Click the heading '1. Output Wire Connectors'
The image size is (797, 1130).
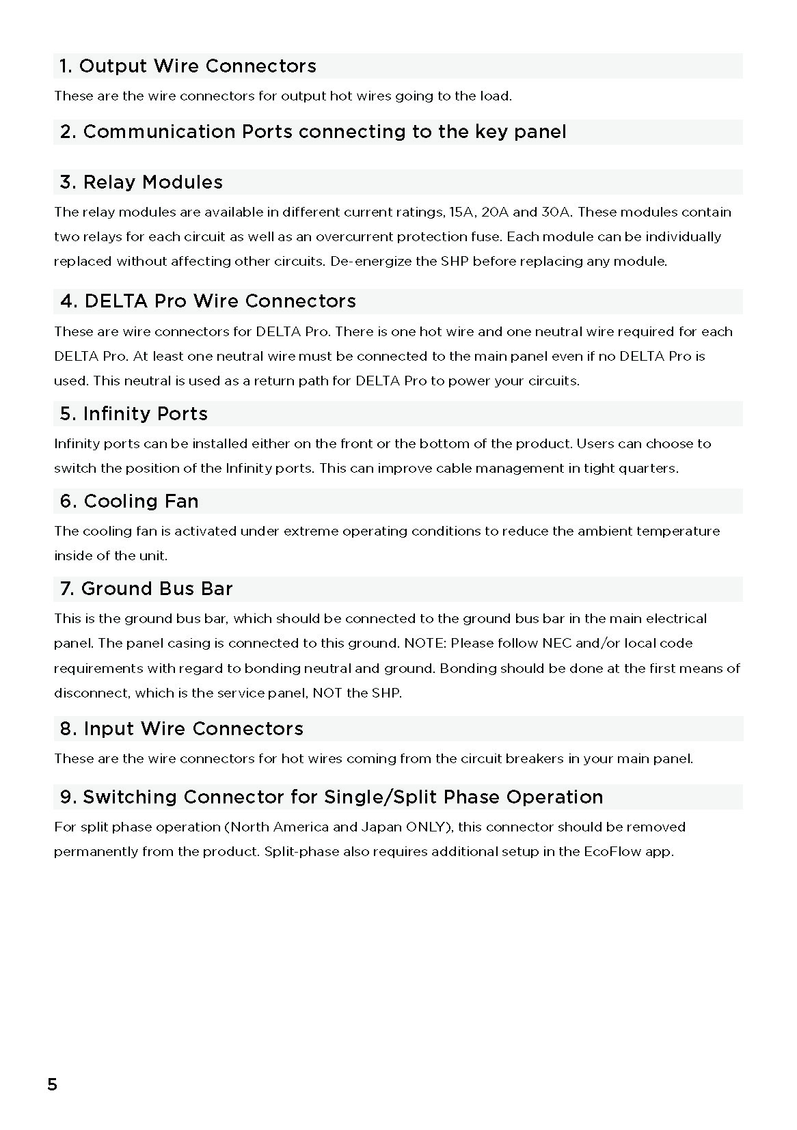pyautogui.click(x=188, y=66)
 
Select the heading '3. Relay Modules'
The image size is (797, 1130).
pyautogui.click(x=141, y=182)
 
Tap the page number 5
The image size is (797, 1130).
pyautogui.click(x=53, y=1084)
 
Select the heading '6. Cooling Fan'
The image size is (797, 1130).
pyautogui.click(x=129, y=501)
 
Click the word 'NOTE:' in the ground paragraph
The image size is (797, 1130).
pyautogui.click(x=425, y=644)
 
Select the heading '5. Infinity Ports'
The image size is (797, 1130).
pyautogui.click(x=134, y=414)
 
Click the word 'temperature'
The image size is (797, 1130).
pyautogui.click(x=678, y=532)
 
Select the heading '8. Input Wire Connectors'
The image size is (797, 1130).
pyautogui.click(x=182, y=729)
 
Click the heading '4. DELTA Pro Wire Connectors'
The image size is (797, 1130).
pyautogui.click(x=208, y=301)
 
